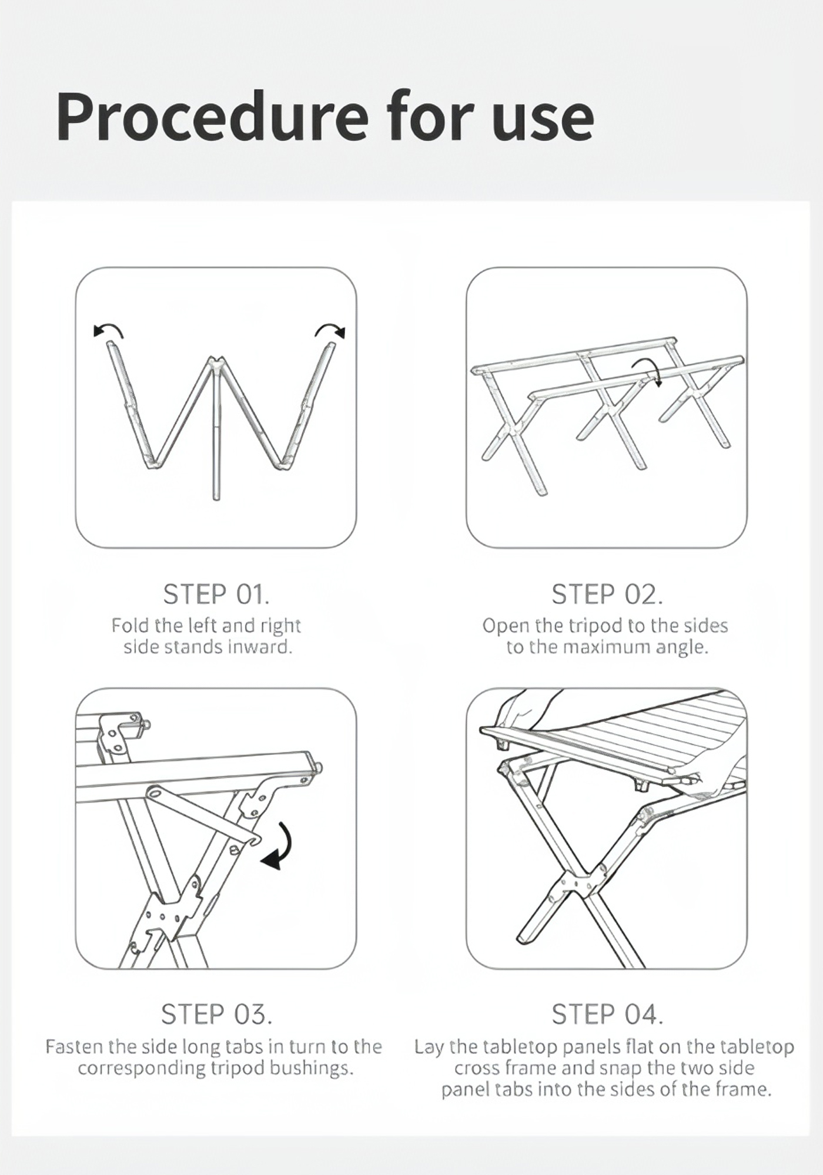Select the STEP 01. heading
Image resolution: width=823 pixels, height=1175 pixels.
tap(216, 594)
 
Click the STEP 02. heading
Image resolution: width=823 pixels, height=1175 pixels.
tap(607, 594)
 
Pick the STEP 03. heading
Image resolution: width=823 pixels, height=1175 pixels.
tap(216, 1014)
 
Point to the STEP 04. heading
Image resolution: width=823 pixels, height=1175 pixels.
tap(607, 1014)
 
